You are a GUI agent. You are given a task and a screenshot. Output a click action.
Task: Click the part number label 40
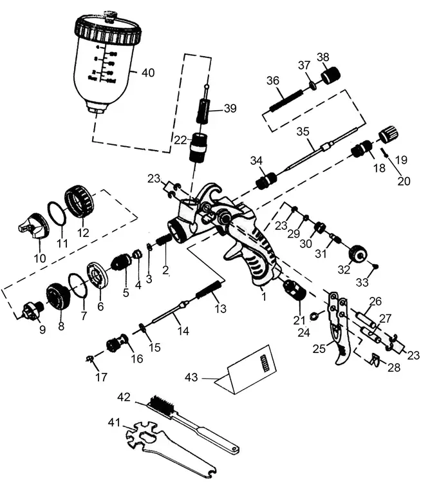[148, 73]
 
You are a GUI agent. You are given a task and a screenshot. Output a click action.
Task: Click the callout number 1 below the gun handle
[263, 297]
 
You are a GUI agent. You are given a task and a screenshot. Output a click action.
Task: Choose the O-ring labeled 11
[55, 214]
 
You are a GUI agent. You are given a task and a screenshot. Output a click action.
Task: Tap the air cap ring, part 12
[80, 201]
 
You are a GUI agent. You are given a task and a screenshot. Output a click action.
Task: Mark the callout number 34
[257, 160]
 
